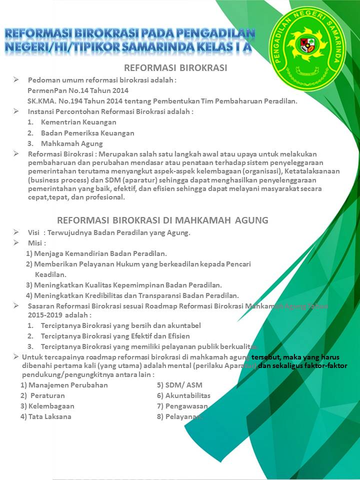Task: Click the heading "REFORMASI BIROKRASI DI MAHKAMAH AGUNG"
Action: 162,220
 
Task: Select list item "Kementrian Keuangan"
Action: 78,122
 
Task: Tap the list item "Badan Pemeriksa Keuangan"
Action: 87,133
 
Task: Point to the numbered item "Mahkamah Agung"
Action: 71,144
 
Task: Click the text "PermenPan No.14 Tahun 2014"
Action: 78,90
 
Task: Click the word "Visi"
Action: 33,232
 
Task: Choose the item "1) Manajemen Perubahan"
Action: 64,385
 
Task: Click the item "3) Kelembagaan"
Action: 47,406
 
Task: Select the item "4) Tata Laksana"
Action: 46,416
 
